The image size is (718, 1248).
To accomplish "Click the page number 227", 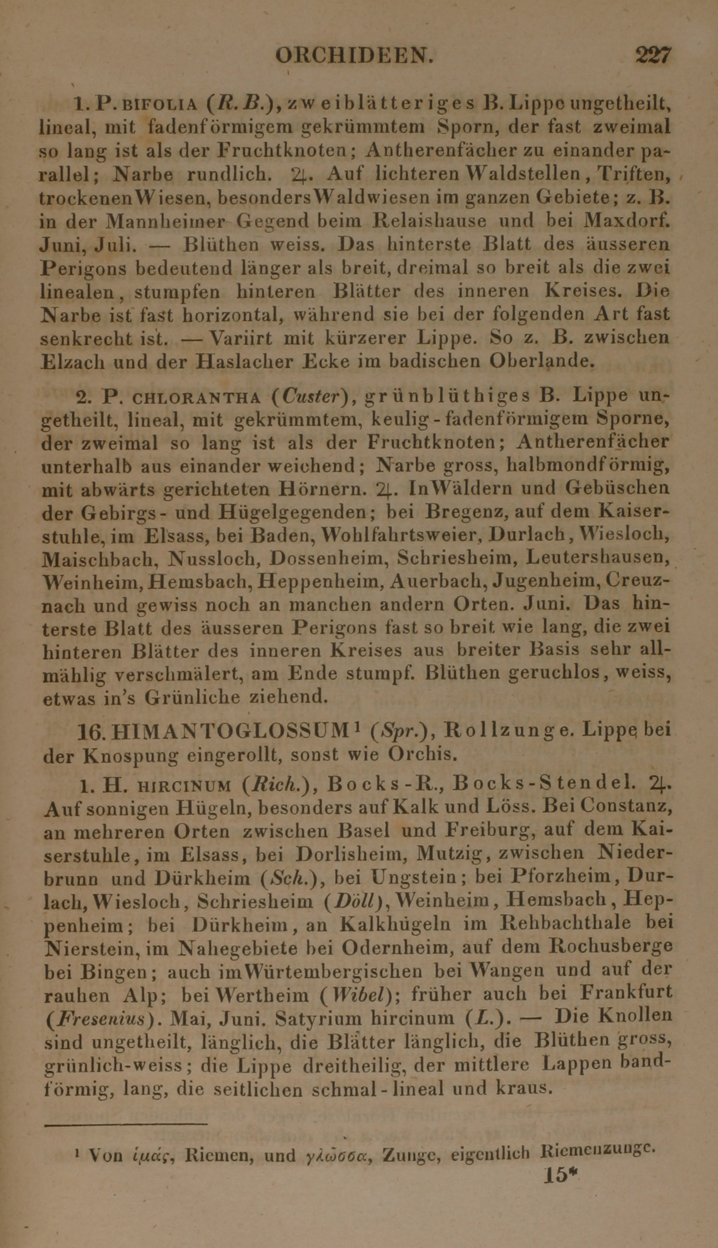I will [x=653, y=55].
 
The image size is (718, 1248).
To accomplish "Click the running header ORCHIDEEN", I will [x=354, y=55].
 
